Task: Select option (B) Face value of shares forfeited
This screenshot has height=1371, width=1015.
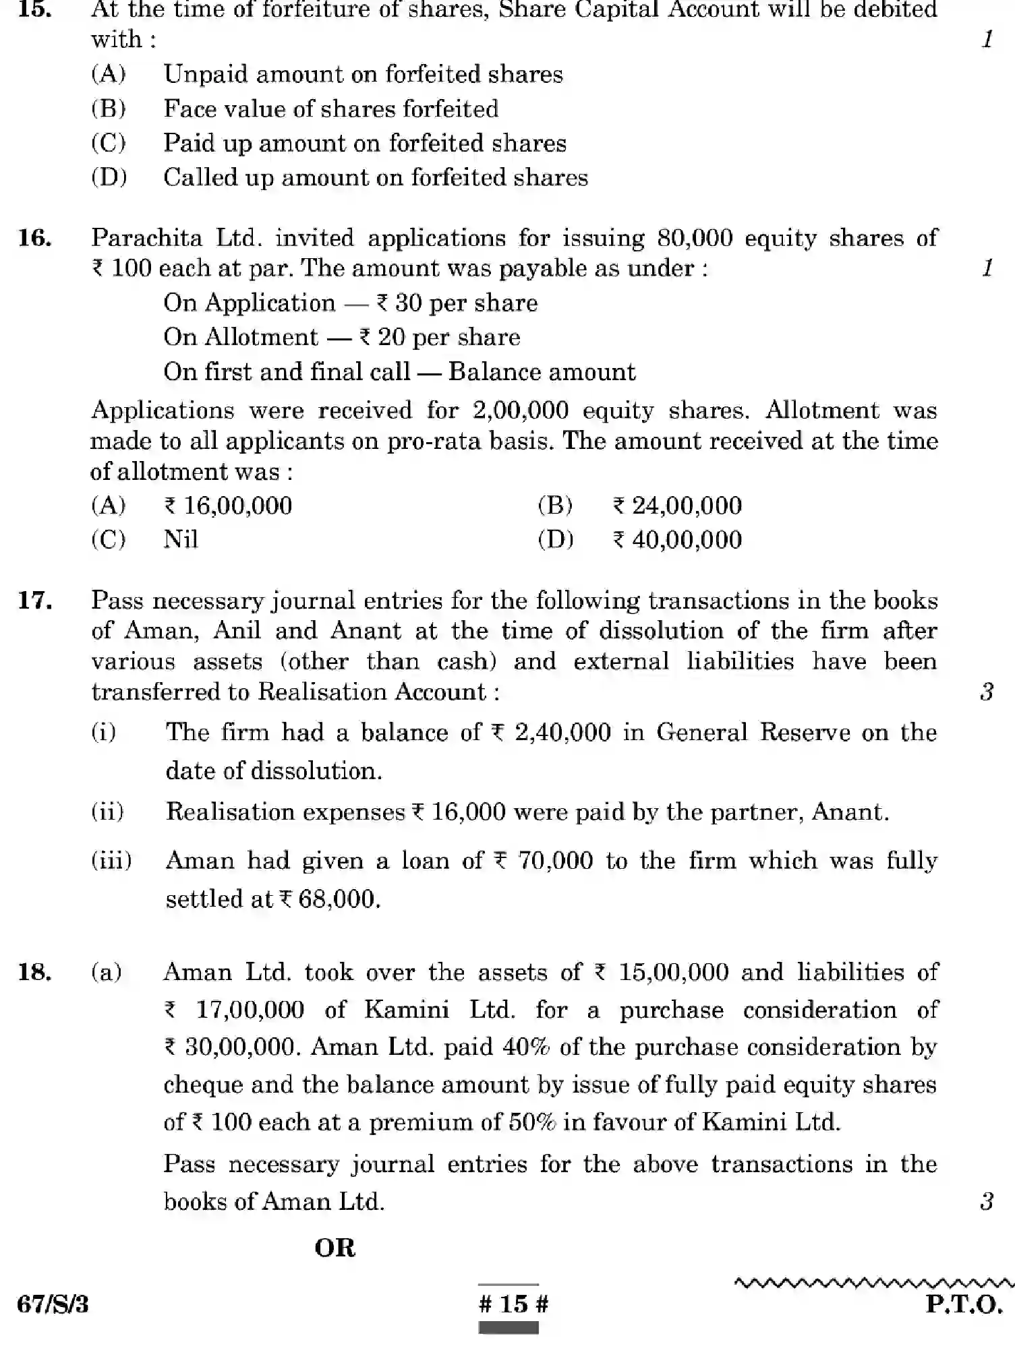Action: (x=330, y=109)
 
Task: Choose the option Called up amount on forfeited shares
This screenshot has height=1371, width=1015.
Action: (x=375, y=177)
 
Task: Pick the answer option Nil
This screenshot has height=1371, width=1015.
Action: (x=181, y=539)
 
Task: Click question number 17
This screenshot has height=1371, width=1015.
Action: (x=35, y=600)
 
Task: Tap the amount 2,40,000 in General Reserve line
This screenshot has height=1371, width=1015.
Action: (x=562, y=733)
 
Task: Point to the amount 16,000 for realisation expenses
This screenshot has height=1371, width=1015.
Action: (x=468, y=812)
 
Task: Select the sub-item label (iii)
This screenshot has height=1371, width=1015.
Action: (x=111, y=861)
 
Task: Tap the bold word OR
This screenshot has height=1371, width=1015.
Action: (x=335, y=1248)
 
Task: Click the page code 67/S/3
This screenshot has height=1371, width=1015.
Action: (x=53, y=1304)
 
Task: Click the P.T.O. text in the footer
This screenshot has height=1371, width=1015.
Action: (x=964, y=1304)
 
